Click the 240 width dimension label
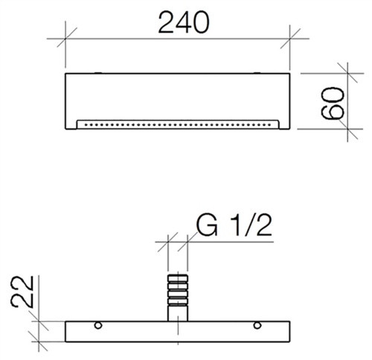[x=184, y=22]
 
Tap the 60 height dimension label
[x=333, y=103]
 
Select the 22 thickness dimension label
[x=22, y=292]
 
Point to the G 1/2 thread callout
[x=234, y=225]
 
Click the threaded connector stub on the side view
[x=178, y=298]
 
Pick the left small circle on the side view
[x=98, y=325]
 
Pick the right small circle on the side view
[x=257, y=325]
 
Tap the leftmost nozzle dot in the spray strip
[x=86, y=125]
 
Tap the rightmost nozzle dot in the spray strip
[x=270, y=125]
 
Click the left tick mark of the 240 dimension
[x=65, y=39]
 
